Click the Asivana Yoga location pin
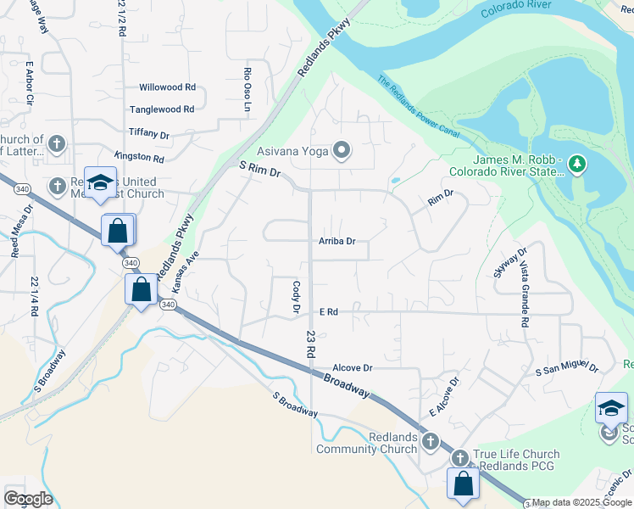(342, 151)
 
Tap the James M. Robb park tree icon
(576, 162)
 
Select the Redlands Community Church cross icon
(431, 441)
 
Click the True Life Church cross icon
(459, 458)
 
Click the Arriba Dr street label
(336, 241)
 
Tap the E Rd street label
(329, 312)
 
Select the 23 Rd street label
(310, 343)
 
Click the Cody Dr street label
(296, 297)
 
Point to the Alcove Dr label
(353, 368)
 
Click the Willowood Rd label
(167, 87)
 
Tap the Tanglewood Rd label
(162, 109)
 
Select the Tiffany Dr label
(149, 134)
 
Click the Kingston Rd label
(139, 158)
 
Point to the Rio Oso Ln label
(248, 89)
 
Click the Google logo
(28, 499)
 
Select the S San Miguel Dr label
(567, 368)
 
